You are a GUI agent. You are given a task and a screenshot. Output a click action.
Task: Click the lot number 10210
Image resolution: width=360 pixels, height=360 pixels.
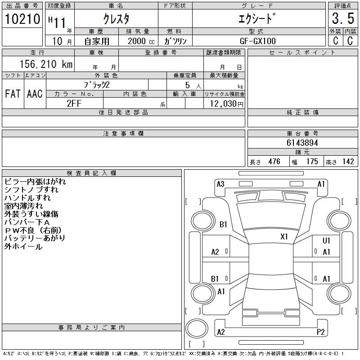coord(22,19)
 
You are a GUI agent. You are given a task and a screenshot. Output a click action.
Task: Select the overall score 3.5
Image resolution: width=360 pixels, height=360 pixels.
coord(343,18)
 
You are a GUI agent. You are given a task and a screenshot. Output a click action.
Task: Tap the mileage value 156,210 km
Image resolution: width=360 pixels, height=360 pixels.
coord(46,64)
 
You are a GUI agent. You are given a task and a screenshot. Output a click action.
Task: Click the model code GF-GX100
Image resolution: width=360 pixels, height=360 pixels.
coord(257,41)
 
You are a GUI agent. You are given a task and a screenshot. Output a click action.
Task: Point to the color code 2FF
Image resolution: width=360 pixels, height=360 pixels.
coord(74,103)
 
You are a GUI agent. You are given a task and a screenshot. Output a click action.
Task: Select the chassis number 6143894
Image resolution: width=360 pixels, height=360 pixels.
coord(302,143)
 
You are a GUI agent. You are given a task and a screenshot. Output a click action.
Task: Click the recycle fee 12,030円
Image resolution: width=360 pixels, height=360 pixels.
coord(227,103)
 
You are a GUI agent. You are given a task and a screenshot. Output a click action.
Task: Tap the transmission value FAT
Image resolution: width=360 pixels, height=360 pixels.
coord(13,94)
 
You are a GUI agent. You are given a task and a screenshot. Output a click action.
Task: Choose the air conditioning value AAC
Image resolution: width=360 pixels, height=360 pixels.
coord(35,94)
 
